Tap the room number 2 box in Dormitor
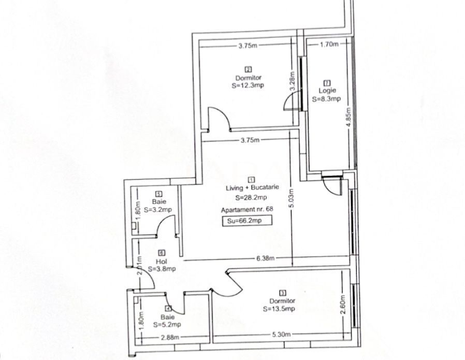click(x=248, y=69)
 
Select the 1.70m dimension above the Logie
click(x=329, y=45)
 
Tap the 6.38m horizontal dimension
click(x=264, y=258)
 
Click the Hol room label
click(x=160, y=262)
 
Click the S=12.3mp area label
click(x=248, y=86)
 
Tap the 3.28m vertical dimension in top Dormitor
click(x=293, y=82)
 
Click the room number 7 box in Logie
click(x=327, y=82)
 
